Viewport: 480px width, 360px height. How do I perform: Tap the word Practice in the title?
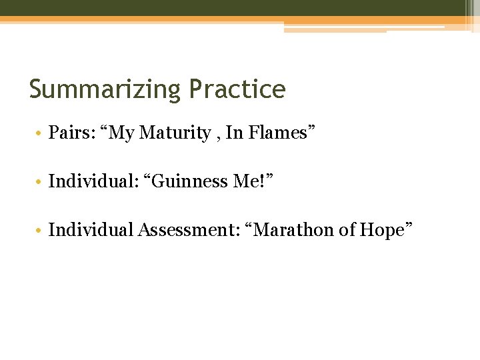point(237,89)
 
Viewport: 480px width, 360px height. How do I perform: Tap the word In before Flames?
point(235,133)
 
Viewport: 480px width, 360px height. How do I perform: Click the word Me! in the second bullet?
point(255,181)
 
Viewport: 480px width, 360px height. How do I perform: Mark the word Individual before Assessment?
point(91,230)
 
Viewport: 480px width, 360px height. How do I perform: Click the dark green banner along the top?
point(233,8)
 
